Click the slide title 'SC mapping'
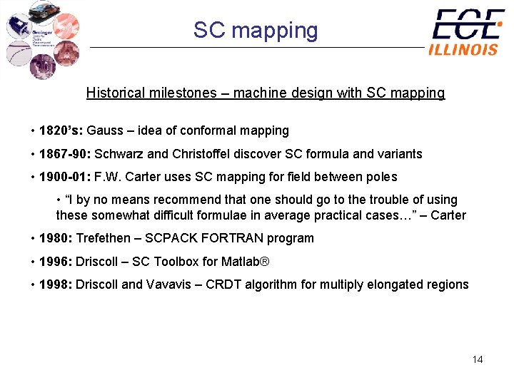tap(256, 31)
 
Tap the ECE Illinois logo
tap(465, 31)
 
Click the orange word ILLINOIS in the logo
tap(463, 49)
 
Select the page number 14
tap(478, 359)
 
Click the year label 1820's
tap(61, 131)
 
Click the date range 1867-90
tap(66, 154)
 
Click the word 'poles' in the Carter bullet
tap(381, 177)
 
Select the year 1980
tap(55, 238)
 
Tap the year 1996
tap(55, 262)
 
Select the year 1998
tap(55, 284)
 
